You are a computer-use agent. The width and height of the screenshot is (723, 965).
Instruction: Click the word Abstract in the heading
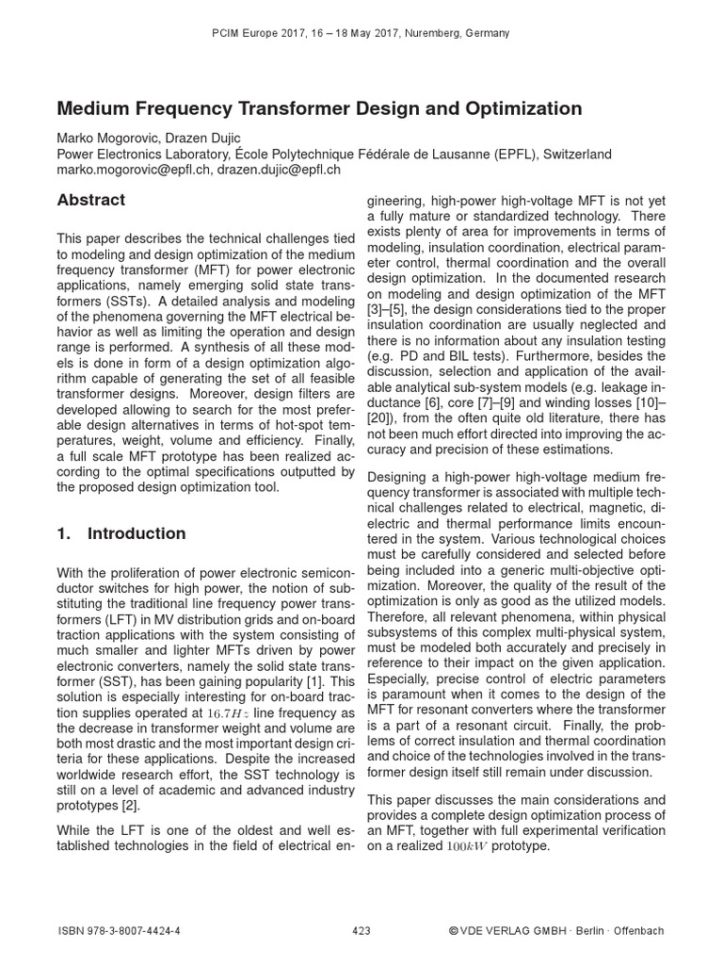point(91,200)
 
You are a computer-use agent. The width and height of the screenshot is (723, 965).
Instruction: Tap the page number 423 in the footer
point(361,931)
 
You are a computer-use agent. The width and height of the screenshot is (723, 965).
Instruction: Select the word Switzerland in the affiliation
point(574,155)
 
